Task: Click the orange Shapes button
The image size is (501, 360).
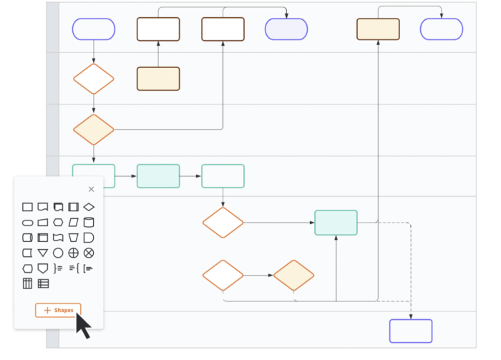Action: [58, 310]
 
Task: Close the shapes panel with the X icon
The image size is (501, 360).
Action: [91, 190]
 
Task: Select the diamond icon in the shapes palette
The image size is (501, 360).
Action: [89, 207]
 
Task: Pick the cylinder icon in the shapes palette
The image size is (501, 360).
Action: [89, 223]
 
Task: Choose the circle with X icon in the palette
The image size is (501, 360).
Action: [89, 253]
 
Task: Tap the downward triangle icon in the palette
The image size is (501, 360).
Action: [43, 253]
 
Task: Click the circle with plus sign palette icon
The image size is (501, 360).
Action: [73, 253]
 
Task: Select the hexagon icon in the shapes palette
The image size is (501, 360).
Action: [27, 268]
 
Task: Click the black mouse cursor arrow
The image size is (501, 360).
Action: [83, 326]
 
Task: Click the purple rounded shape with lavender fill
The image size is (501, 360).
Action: [286, 29]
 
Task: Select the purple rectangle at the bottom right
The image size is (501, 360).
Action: [411, 331]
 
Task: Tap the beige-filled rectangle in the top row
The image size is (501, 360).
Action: [378, 29]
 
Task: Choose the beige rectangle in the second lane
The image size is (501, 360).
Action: [158, 79]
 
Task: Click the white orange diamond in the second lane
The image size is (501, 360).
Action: [94, 79]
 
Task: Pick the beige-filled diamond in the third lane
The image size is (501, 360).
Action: [94, 130]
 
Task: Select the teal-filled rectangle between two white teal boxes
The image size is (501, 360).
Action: [158, 176]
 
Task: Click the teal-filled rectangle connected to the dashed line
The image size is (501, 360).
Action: [336, 223]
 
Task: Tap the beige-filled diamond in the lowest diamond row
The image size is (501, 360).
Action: [294, 276]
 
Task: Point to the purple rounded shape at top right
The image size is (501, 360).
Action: [442, 29]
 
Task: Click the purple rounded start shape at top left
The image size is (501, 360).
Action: [94, 29]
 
